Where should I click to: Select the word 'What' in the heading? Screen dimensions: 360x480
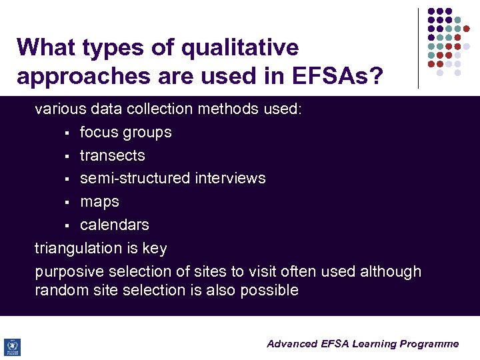click(45, 47)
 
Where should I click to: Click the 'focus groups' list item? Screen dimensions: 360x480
click(125, 132)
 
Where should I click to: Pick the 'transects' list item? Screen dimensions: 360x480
click(112, 155)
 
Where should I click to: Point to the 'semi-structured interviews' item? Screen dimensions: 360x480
click(173, 178)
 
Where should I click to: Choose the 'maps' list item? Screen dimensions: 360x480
click(99, 201)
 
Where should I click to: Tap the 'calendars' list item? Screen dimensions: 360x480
click(114, 225)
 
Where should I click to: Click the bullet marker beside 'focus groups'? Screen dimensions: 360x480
click(67, 133)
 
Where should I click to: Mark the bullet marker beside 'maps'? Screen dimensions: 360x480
click(67, 203)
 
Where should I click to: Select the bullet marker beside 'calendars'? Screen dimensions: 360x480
click(67, 226)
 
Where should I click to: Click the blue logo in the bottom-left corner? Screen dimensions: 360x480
click(12, 347)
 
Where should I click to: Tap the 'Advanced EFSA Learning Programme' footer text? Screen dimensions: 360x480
click(363, 344)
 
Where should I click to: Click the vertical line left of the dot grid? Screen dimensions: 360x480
click(418, 48)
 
